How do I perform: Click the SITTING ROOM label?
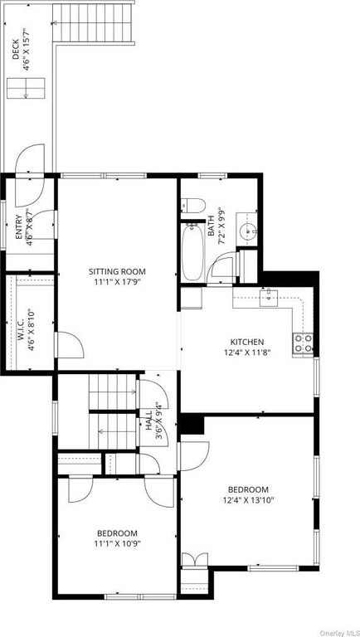(x=117, y=272)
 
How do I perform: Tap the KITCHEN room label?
(x=247, y=342)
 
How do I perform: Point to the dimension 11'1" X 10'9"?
(x=117, y=543)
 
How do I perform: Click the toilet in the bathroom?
(x=192, y=205)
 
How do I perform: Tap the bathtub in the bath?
(x=193, y=251)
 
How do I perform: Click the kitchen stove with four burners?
(x=303, y=343)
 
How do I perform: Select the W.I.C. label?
(x=21, y=325)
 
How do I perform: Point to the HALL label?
(x=148, y=420)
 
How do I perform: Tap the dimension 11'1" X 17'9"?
(x=117, y=280)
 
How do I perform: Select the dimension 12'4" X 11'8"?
(x=247, y=352)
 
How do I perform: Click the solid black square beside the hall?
(x=192, y=425)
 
